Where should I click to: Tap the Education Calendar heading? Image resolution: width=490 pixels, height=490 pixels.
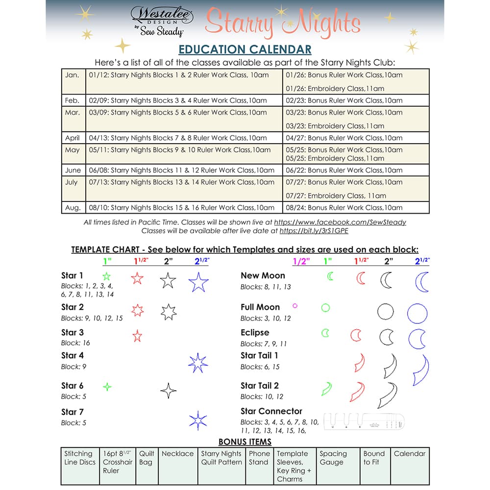pyautogui.click(x=245, y=49)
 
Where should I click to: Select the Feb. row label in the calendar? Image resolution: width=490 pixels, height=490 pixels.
pyautogui.click(x=73, y=100)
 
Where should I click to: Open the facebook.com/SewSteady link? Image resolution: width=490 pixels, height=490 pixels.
pyautogui.click(x=340, y=222)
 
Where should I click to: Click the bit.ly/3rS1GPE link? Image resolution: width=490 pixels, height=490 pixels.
pyautogui.click(x=314, y=230)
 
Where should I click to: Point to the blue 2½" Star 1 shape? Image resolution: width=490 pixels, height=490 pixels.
pyautogui.click(x=198, y=282)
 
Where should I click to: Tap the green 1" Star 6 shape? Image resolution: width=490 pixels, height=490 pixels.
pyautogui.click(x=107, y=387)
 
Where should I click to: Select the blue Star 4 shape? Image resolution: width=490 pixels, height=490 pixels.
pyautogui.click(x=198, y=363)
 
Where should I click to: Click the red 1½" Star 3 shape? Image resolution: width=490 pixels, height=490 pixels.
pyautogui.click(x=137, y=336)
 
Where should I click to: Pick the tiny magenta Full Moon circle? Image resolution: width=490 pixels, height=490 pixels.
pyautogui.click(x=295, y=306)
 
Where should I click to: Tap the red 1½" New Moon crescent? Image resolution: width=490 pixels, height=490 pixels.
pyautogui.click(x=361, y=278)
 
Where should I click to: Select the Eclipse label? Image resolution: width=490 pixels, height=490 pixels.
pyautogui.click(x=255, y=333)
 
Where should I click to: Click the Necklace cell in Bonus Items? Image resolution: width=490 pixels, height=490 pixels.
pyautogui.click(x=177, y=454)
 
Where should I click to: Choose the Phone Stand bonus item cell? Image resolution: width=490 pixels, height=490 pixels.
pyautogui.click(x=258, y=458)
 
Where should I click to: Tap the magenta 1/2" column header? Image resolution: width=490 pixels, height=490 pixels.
pyautogui.click(x=299, y=262)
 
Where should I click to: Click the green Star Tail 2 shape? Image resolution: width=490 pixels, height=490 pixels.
pyautogui.click(x=326, y=389)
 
